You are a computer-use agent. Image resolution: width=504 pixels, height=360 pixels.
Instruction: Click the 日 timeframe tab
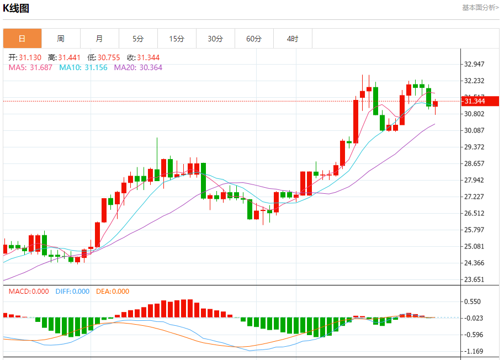[22, 39]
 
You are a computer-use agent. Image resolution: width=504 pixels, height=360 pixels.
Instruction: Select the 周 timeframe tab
[61, 39]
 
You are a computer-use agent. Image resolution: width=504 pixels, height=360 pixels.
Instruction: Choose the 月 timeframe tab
[99, 39]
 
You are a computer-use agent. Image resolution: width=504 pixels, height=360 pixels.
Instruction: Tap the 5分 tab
[138, 39]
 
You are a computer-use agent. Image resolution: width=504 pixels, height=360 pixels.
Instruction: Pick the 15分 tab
[177, 39]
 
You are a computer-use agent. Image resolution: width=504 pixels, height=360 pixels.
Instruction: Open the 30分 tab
[215, 39]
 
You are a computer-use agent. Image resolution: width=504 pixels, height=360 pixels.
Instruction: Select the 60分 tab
[254, 39]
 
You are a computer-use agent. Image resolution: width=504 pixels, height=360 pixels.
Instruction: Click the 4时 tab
[293, 39]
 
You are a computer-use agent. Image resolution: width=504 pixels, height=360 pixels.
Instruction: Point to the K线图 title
[17, 8]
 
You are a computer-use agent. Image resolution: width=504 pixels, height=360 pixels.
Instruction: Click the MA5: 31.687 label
[30, 67]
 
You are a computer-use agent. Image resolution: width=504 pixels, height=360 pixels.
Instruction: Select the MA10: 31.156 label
[83, 67]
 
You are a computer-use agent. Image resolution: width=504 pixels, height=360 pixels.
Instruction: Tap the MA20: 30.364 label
[138, 67]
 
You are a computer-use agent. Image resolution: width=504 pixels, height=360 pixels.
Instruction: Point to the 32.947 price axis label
[475, 64]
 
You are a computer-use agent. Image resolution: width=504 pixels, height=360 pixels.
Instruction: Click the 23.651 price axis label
[475, 279]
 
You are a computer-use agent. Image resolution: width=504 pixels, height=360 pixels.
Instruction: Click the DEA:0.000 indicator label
[113, 292]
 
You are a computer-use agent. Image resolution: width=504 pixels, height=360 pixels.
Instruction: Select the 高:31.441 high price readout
[64, 57]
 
